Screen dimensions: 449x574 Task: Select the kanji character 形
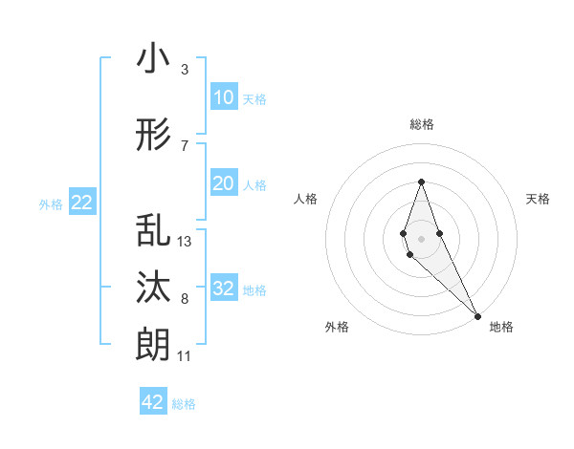(154, 137)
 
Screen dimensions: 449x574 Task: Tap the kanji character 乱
(154, 232)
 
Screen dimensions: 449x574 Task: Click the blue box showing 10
(223, 97)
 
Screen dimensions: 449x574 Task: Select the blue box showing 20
(223, 183)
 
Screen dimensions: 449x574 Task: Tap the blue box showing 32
(223, 289)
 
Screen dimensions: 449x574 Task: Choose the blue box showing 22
(81, 203)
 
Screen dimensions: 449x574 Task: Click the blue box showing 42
(153, 402)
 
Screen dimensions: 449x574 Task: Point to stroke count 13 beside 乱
(185, 242)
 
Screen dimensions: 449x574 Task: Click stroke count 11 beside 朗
(184, 356)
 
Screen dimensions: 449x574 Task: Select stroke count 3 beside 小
(184, 70)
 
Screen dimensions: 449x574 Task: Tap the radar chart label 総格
(422, 125)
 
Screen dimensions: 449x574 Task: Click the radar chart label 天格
(538, 199)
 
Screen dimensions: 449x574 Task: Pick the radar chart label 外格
(337, 327)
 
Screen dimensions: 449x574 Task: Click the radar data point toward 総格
(421, 182)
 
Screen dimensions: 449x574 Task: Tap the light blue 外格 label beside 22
(51, 203)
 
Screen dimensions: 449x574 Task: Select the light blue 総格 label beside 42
(184, 403)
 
